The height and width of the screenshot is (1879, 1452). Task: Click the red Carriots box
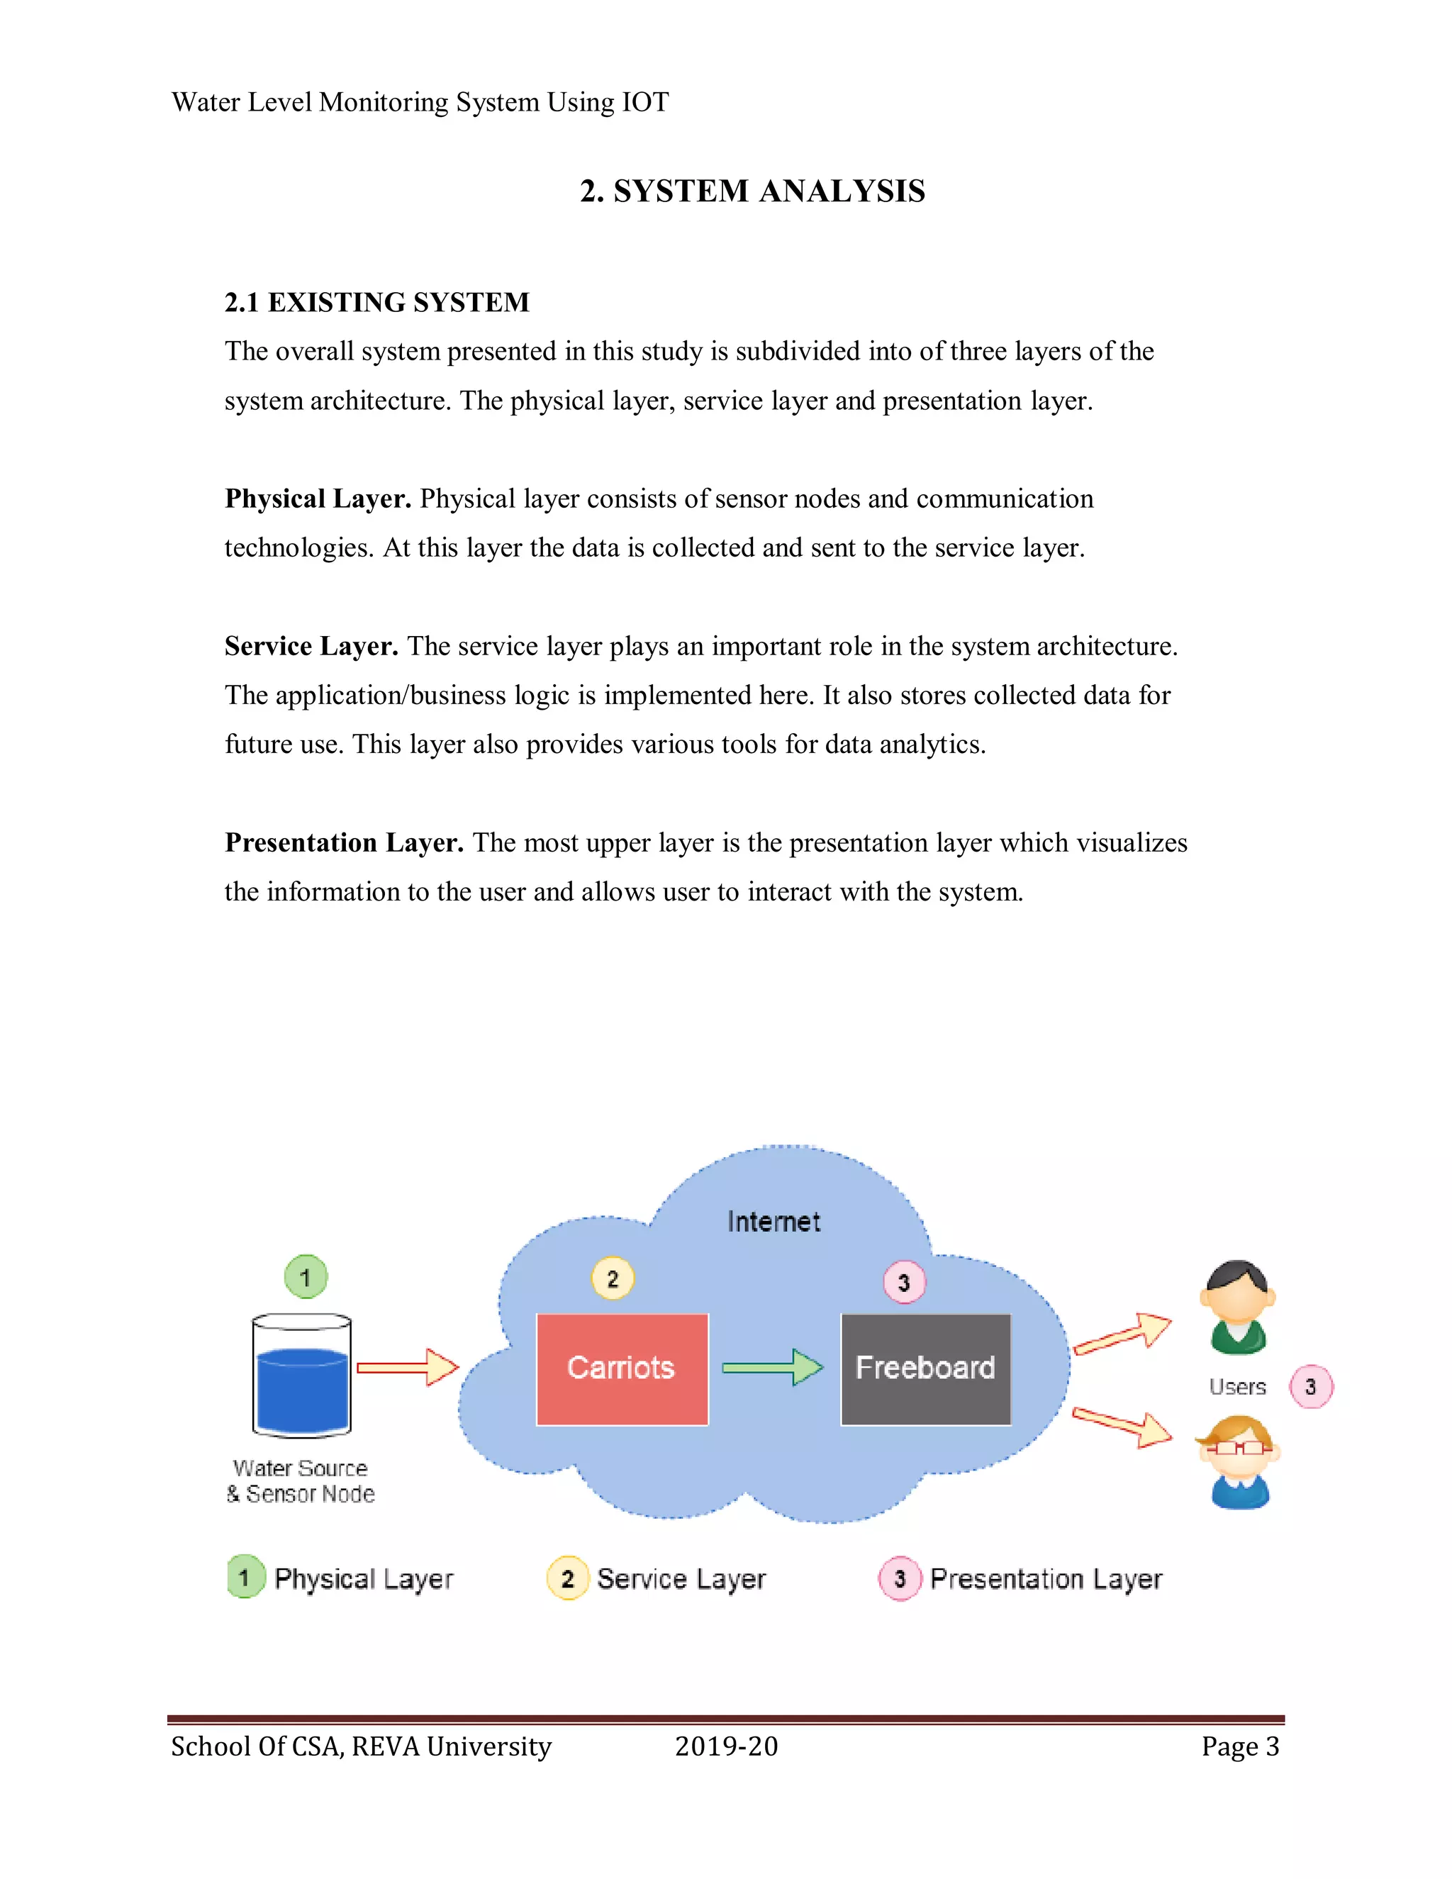pos(621,1368)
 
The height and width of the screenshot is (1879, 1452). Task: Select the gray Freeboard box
pos(925,1368)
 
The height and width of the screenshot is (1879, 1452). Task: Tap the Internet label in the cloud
pos(774,1222)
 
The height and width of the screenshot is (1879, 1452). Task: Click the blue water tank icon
pos(301,1376)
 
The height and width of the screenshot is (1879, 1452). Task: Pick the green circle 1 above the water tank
pos(306,1277)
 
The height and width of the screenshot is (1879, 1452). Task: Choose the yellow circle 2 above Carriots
pos(613,1278)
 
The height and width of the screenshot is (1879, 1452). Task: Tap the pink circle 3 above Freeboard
pos(904,1283)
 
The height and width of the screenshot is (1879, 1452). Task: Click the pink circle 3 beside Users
pos(1310,1386)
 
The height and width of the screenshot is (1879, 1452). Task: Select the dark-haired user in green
pos(1238,1307)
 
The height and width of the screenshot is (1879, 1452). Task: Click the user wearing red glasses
pos(1239,1463)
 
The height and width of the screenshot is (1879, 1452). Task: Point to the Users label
pos(1237,1387)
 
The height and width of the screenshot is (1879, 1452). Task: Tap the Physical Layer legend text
pos(363,1579)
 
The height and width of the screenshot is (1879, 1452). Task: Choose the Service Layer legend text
pos(681,1579)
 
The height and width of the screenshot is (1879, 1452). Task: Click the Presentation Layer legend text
pos(1045,1579)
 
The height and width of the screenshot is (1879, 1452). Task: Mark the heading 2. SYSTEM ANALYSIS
pos(752,191)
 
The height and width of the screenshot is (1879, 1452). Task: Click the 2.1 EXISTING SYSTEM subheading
pos(376,302)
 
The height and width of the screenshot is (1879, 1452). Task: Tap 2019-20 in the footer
pos(726,1746)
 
